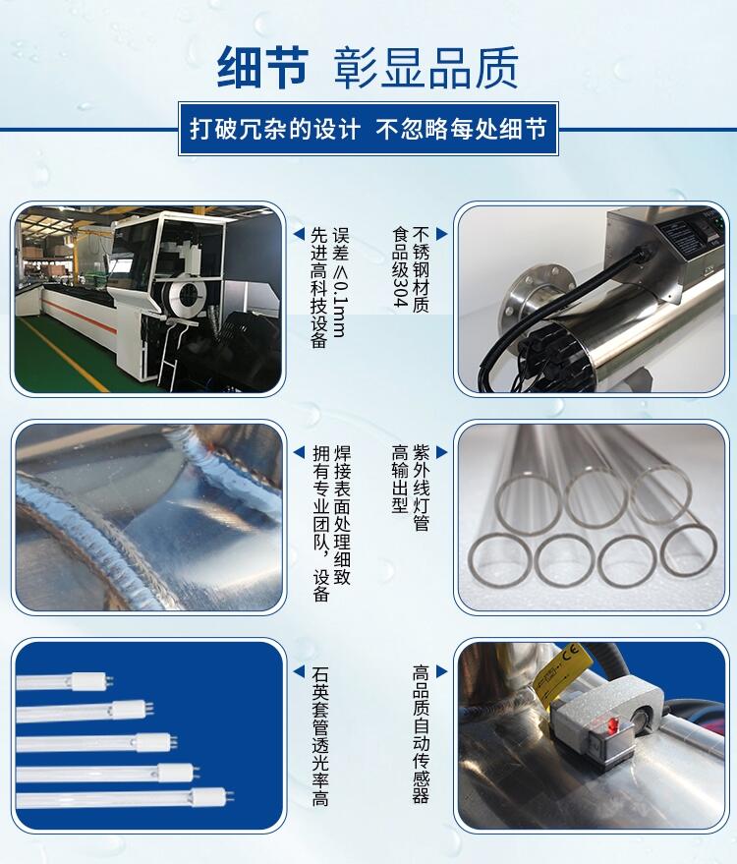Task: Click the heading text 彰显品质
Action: [x=425, y=68]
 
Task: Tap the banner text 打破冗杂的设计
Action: [x=275, y=130]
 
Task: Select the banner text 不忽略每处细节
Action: [x=461, y=130]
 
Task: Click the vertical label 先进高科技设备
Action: [x=319, y=288]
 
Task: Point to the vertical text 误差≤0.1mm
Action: [x=340, y=281]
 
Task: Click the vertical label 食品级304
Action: [x=400, y=266]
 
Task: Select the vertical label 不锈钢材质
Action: [x=421, y=270]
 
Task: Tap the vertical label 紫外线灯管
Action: [x=421, y=489]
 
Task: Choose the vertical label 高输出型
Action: [x=400, y=480]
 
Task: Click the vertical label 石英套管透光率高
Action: [x=320, y=736]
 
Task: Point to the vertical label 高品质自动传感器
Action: [x=421, y=734]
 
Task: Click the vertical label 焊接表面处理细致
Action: [x=342, y=515]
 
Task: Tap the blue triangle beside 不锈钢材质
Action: [x=442, y=234]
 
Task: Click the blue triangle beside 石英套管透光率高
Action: [x=299, y=671]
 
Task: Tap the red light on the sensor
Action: [x=610, y=726]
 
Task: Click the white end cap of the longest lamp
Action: [x=208, y=797]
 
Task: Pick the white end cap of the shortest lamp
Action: [x=88, y=681]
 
